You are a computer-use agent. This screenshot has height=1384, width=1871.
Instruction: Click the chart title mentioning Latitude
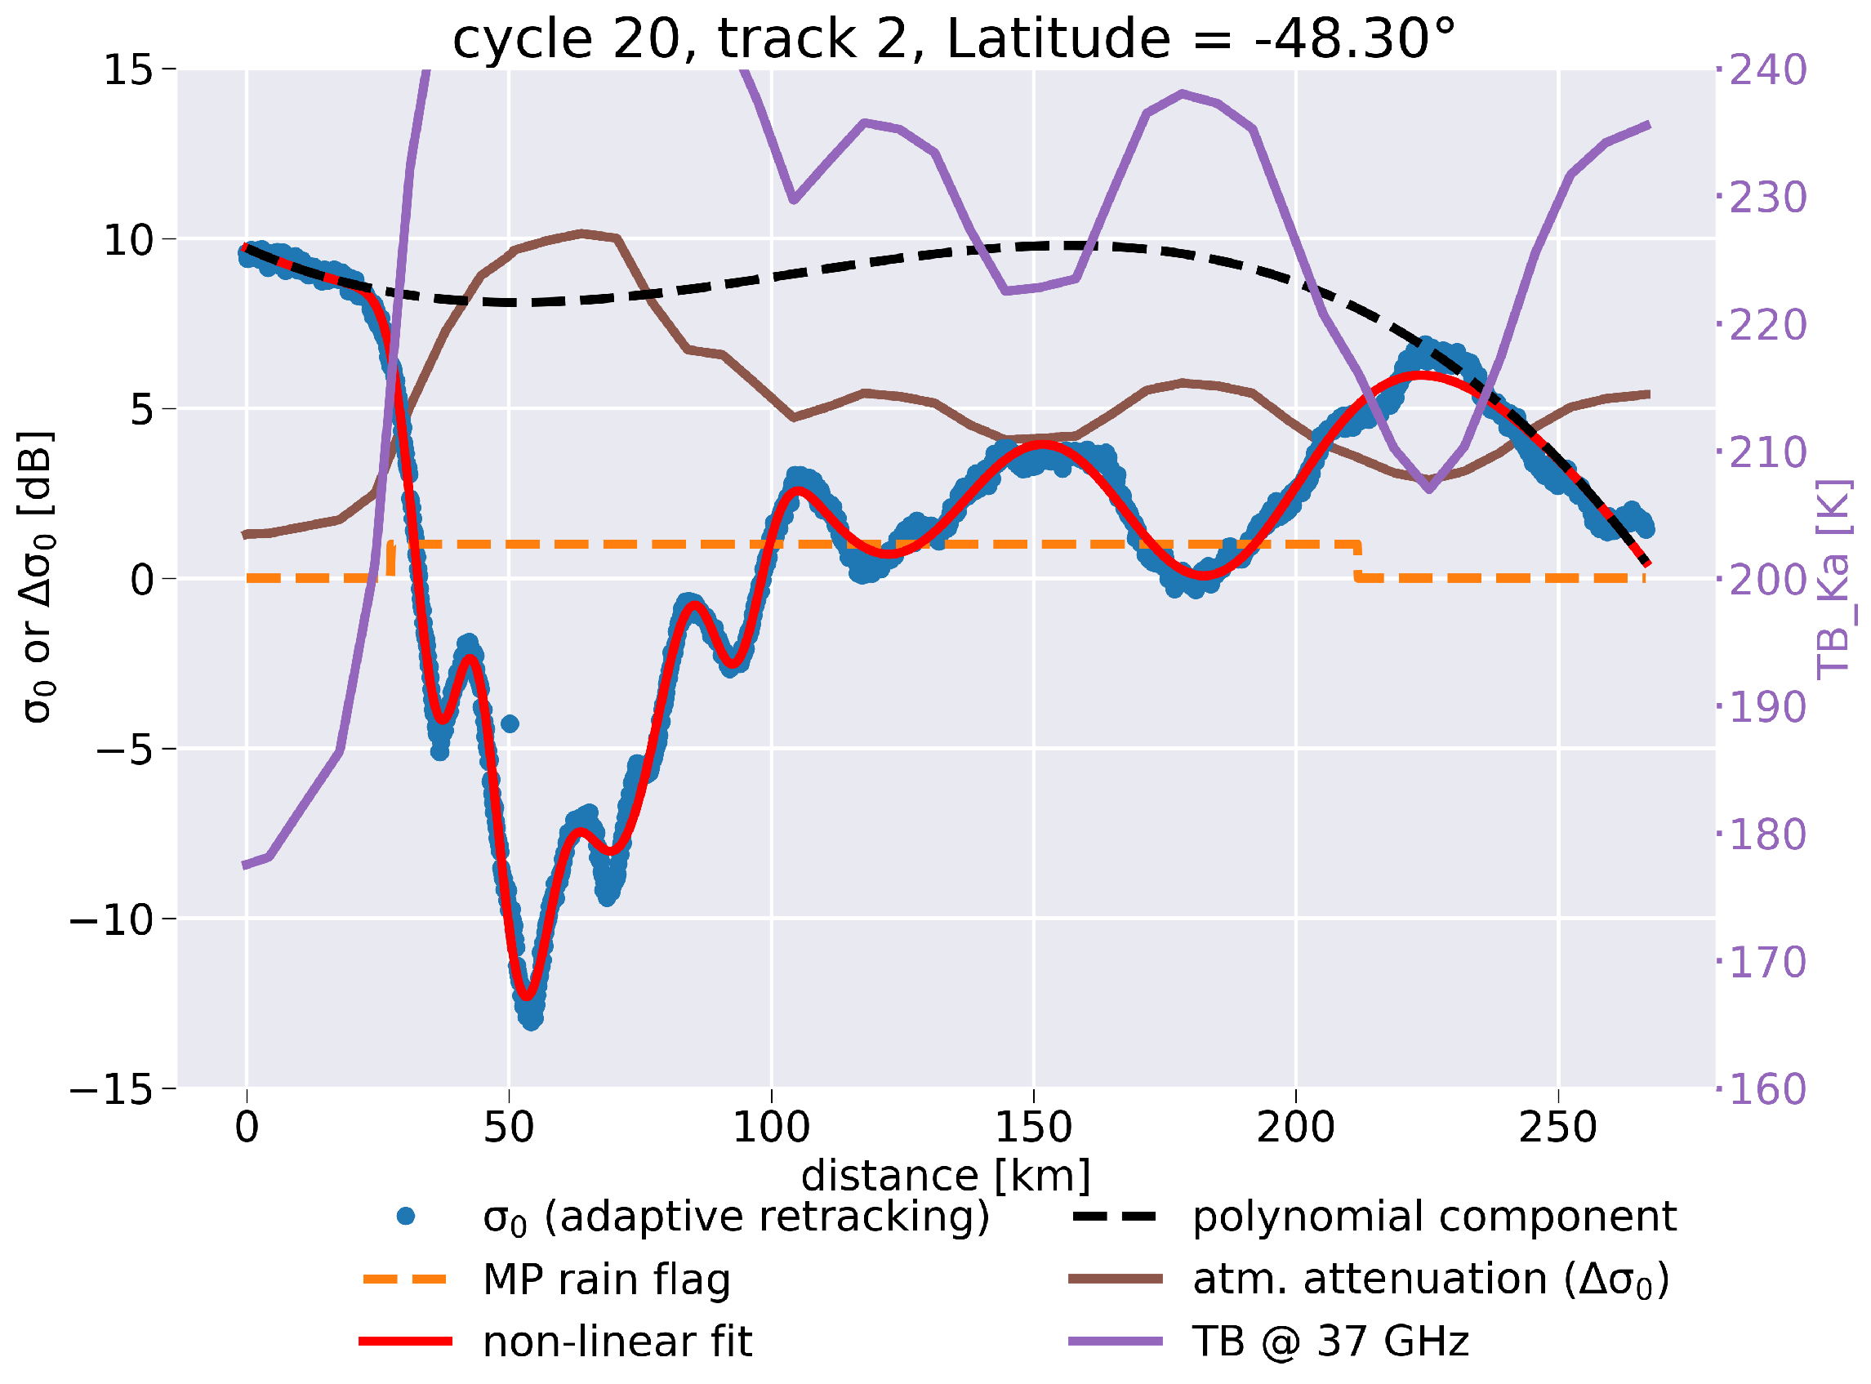coord(953,38)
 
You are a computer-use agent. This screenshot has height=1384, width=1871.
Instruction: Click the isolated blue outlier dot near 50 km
coord(510,723)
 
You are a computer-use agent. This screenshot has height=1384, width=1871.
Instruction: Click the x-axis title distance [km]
coord(946,1177)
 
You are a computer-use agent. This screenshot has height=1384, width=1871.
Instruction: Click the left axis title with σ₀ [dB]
coord(38,578)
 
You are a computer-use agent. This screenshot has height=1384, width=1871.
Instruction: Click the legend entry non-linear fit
coord(617,1342)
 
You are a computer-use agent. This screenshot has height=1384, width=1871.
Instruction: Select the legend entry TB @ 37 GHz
coord(1330,1342)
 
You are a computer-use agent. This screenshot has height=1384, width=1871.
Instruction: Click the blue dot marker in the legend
coord(407,1216)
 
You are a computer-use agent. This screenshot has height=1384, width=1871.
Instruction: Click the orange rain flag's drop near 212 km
coord(1357,561)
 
